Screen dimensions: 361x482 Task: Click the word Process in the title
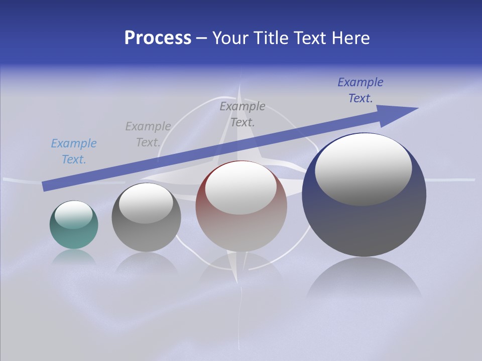coord(158,38)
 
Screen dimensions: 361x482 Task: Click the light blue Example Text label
coord(74,151)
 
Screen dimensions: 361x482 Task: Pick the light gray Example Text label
coord(148,134)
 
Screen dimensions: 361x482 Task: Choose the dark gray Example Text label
coord(243,114)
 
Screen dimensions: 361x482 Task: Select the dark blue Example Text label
coord(360,90)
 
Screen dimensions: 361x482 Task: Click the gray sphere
coord(146,236)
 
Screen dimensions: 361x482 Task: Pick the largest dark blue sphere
coord(364,226)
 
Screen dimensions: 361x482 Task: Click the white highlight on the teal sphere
coord(74,214)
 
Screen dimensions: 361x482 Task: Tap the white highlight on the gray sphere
coord(146,203)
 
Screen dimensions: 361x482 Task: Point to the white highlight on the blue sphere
coord(364,168)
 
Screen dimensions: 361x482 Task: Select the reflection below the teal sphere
coord(74,257)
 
